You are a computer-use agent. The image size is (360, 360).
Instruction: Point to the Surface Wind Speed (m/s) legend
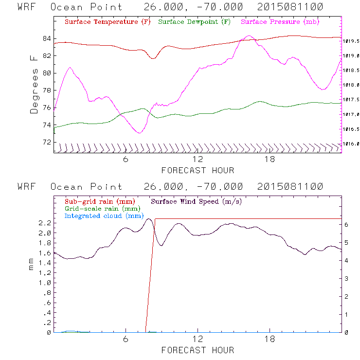pos(197,201)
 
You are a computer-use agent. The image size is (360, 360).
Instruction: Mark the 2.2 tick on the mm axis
pos(45,223)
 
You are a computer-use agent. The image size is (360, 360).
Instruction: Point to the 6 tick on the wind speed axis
pos(346,225)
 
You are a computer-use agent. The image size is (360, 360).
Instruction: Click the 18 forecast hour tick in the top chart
pos(270,160)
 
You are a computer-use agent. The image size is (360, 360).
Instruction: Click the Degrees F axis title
pos(34,84)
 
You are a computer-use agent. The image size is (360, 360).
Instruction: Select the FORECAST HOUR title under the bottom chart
pos(198,350)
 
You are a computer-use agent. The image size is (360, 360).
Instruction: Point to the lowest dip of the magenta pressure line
pos(140,132)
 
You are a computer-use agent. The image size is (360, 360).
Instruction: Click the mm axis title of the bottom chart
pos(32,268)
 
